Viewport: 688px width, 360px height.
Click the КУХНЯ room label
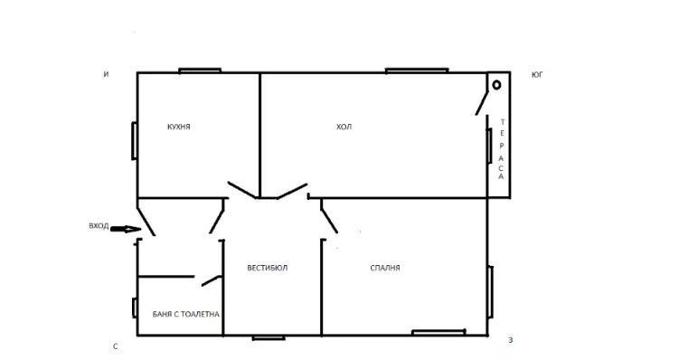click(x=179, y=127)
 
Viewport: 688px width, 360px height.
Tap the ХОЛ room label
click(x=344, y=127)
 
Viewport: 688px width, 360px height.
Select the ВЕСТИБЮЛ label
click(x=268, y=268)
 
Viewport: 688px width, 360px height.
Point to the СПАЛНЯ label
click(x=385, y=268)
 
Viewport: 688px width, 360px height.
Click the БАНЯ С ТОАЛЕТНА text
click(x=185, y=315)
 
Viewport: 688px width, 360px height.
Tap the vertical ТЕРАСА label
click(x=501, y=149)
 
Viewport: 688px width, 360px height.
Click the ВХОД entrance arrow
click(x=126, y=229)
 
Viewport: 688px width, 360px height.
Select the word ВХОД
click(x=99, y=226)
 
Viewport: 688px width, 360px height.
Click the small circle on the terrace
click(x=496, y=85)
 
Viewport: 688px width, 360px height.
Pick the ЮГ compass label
click(x=537, y=75)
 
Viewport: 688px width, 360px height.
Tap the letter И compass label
click(x=106, y=75)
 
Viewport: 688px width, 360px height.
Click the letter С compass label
click(x=116, y=346)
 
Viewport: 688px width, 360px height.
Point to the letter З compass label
click(x=510, y=340)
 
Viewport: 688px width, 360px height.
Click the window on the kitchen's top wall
click(x=200, y=71)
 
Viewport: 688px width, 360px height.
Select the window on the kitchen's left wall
click(x=135, y=140)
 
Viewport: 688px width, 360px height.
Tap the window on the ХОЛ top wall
click(x=417, y=71)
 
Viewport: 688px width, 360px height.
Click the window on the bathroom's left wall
click(x=135, y=308)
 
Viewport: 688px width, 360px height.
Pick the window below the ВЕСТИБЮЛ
click(x=269, y=337)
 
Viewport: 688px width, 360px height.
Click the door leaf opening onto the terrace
click(x=482, y=103)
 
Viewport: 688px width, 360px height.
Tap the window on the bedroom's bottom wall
click(x=438, y=332)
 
